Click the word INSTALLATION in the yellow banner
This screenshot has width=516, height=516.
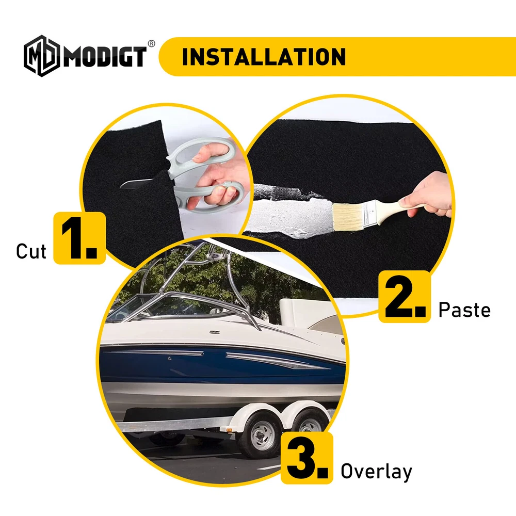pos(264,57)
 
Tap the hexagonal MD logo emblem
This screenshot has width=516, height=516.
pos(42,56)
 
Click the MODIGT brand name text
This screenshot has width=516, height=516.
pos(105,57)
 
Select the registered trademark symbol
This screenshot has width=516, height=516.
pos(151,44)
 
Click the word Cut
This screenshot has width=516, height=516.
pos(31,251)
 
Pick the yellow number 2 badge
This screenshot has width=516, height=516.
pos(405,297)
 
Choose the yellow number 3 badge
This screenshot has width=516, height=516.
pos(307,458)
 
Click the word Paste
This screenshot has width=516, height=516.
pos(464,310)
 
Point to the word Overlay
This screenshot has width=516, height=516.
pos(376,472)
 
